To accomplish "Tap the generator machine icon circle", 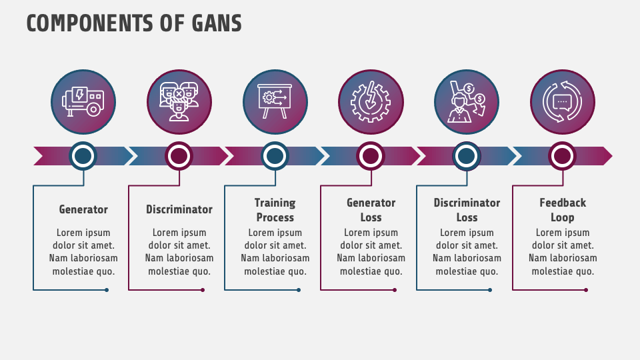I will click(x=83, y=102).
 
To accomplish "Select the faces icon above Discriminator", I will click(x=179, y=102).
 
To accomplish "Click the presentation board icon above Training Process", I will click(x=275, y=102).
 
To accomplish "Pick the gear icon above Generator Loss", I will click(x=371, y=102).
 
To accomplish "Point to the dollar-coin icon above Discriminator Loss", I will click(x=467, y=102).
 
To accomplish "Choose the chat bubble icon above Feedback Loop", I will click(x=563, y=102).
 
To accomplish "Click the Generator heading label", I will click(x=83, y=209).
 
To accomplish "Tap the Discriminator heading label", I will click(x=179, y=209).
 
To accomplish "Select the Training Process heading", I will click(x=275, y=210).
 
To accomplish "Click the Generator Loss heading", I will click(x=371, y=210).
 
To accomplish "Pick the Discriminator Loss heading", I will click(x=467, y=210).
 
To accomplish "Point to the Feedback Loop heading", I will click(x=563, y=210).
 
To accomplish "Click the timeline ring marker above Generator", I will click(x=83, y=156).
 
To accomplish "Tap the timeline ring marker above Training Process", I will click(x=275, y=156).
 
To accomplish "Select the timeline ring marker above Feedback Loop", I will click(x=563, y=156).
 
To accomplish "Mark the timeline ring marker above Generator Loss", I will click(x=371, y=156).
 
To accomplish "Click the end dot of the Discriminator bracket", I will click(x=203, y=290).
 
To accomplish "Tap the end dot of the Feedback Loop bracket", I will click(x=586, y=290).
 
